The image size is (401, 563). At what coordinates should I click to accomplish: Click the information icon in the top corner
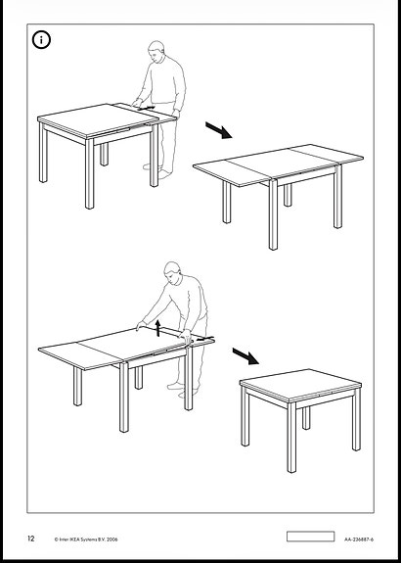pos(41,40)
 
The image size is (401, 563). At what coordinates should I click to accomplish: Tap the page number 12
pos(31,539)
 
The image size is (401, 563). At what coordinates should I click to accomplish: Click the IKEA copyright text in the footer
pos(86,539)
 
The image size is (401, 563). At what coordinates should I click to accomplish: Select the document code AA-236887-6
pos(359,539)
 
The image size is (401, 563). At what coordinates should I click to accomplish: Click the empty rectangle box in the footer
pos(310,537)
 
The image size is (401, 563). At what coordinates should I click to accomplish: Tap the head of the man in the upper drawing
pos(156,51)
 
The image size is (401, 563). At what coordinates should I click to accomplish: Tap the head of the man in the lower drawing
pos(172,273)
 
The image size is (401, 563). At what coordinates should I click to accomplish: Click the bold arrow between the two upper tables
pos(219,130)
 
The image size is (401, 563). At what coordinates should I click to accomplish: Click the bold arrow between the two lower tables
pos(245,356)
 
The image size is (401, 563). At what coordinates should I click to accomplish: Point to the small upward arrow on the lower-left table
pos(157,329)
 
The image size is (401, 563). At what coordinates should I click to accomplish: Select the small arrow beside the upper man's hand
pos(147,108)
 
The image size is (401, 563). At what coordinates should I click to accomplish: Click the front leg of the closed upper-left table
pos(89,173)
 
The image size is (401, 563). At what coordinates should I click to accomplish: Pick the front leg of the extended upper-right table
pos(273,214)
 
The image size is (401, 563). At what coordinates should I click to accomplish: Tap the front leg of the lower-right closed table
pos(291,437)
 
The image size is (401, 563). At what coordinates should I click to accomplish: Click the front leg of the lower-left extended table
pos(124,397)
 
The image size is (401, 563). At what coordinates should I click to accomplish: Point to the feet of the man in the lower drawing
pos(182,390)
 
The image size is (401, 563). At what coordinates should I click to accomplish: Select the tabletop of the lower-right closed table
pos(300,384)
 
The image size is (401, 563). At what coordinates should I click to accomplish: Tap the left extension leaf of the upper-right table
pos(232,171)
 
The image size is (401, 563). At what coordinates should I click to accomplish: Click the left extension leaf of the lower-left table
pos(79,355)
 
